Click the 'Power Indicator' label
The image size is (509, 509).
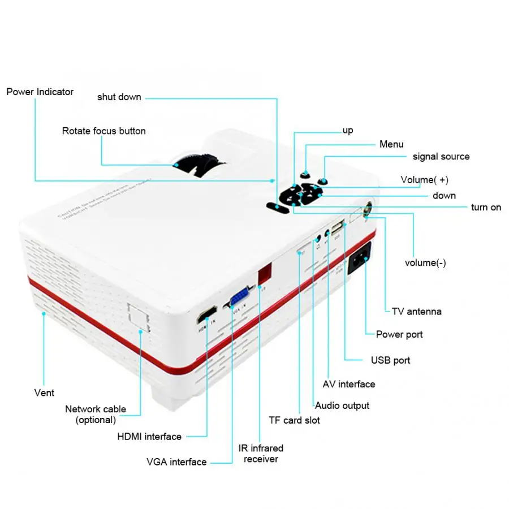point(40,92)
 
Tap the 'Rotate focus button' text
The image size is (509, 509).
point(103,131)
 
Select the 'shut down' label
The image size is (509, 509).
point(119,97)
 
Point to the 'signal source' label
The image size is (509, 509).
point(441,156)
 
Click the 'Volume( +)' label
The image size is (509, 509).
point(424,180)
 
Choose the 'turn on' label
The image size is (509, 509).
point(486,208)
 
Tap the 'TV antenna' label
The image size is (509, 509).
point(416,311)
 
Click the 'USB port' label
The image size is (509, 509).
point(390,360)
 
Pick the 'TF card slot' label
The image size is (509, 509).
point(294,420)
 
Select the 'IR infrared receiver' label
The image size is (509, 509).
point(261,454)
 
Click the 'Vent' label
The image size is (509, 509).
point(44,392)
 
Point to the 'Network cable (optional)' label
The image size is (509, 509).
point(96,414)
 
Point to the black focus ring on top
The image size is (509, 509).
point(198,165)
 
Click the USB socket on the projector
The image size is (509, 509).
point(338,228)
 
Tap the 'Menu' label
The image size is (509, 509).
point(391,144)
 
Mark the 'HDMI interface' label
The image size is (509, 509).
point(149,437)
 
